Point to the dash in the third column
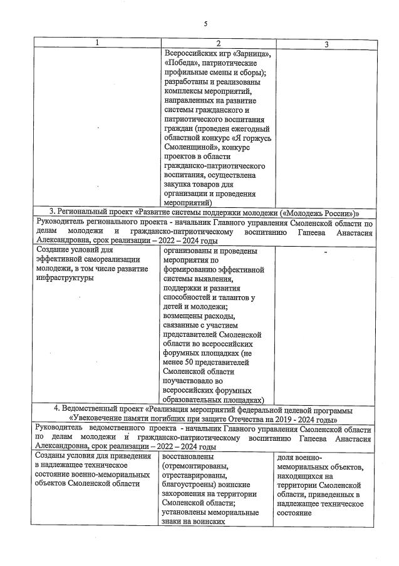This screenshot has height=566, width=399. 326,252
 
